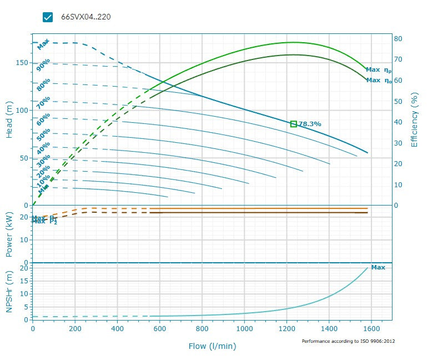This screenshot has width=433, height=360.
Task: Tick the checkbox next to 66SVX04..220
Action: pyautogui.click(x=48, y=17)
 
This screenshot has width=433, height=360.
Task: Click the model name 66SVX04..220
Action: pyautogui.click(x=85, y=17)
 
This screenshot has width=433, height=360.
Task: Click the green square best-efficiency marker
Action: pyautogui.click(x=294, y=123)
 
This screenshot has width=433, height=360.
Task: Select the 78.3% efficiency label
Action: pyautogui.click(x=310, y=124)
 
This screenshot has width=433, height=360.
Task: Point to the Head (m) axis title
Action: pyautogui.click(x=9, y=120)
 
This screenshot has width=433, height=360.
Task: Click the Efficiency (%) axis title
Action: pyautogui.click(x=414, y=121)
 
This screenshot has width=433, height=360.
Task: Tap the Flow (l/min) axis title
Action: pyautogui.click(x=212, y=346)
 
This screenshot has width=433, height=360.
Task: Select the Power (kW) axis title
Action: pyautogui.click(x=9, y=233)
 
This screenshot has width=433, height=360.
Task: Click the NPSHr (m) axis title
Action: pyautogui.click(x=9, y=292)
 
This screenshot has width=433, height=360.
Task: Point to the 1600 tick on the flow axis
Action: pyautogui.click(x=371, y=329)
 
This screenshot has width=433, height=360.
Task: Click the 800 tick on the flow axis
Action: pyautogui.click(x=202, y=329)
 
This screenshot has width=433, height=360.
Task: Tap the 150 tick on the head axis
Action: pyautogui.click(x=22, y=63)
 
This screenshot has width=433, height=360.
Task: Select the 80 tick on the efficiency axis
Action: pyautogui.click(x=398, y=39)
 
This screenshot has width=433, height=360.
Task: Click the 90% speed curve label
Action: pyautogui.click(x=43, y=66)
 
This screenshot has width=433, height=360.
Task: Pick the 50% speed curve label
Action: pyautogui.click(x=43, y=134)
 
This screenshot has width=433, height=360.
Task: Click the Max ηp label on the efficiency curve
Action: pyautogui.click(x=378, y=70)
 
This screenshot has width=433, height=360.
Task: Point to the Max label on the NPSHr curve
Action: pyautogui.click(x=378, y=267)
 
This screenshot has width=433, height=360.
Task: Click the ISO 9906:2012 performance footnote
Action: pyautogui.click(x=348, y=341)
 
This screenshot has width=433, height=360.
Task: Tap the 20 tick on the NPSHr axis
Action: pyautogui.click(x=24, y=268)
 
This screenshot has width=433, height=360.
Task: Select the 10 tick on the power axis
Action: pyautogui.click(x=24, y=239)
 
